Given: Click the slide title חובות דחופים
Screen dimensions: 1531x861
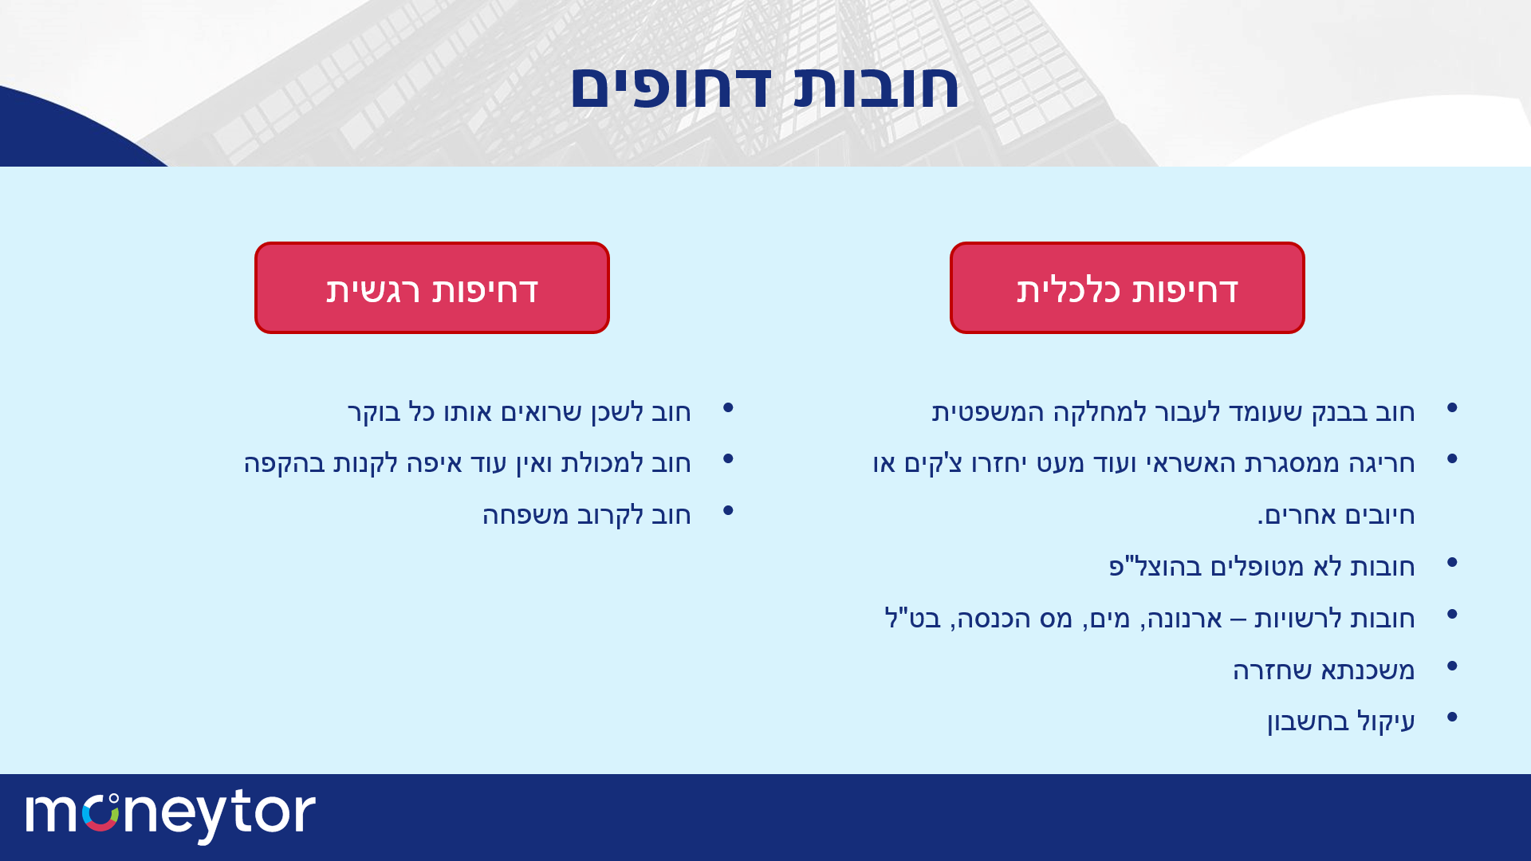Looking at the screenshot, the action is click(x=765, y=86).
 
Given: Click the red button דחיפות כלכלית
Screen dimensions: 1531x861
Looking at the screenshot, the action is click(x=1127, y=288).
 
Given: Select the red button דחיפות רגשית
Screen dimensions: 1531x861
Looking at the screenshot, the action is click(x=432, y=288).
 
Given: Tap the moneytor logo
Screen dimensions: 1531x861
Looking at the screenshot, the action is click(x=171, y=816).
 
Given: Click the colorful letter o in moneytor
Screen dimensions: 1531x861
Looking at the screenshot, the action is click(x=100, y=813).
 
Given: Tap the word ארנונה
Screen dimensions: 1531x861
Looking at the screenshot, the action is click(x=1181, y=619).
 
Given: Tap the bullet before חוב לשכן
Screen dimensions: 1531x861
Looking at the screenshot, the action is click(x=728, y=408).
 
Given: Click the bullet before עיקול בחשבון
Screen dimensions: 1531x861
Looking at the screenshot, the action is click(x=1452, y=717).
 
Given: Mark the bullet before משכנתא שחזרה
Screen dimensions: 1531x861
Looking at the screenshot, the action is click(x=1452, y=666).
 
